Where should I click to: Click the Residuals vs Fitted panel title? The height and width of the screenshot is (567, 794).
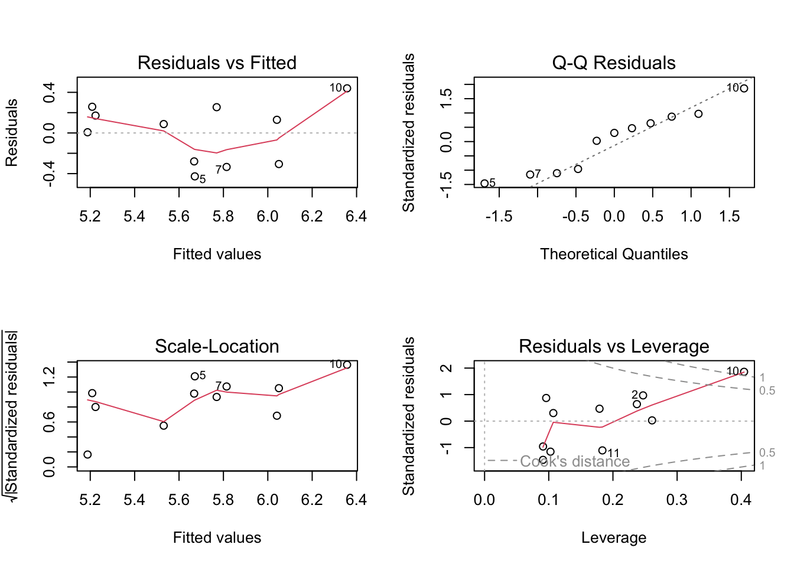217,63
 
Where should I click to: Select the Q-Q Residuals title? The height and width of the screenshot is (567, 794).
614,63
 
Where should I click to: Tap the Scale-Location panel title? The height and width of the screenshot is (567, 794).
217,346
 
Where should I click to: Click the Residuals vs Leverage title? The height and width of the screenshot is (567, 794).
614,346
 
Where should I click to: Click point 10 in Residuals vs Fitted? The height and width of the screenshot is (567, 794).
347,89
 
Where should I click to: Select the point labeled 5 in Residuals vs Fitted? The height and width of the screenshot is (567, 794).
194,177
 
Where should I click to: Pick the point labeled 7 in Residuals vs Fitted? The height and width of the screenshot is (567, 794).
227,167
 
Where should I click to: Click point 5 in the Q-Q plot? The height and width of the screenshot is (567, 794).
484,184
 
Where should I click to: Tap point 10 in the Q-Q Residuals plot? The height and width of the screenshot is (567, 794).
744,89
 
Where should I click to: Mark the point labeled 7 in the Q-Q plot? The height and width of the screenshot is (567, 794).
530,175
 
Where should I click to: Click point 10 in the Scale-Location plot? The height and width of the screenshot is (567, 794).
347,365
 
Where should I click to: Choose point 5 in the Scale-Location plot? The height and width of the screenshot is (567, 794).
194,376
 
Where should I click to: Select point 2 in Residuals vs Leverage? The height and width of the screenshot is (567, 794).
643,396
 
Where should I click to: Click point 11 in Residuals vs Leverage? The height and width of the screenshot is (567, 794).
602,451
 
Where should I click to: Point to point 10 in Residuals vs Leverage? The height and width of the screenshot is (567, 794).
744,372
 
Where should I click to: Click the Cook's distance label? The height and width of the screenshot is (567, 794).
575,461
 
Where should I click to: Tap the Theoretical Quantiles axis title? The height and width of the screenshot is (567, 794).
614,254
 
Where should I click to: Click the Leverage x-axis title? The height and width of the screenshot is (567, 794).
614,537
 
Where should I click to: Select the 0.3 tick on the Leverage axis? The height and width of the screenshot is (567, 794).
677,500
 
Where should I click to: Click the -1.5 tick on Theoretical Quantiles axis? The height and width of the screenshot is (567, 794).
499,216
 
